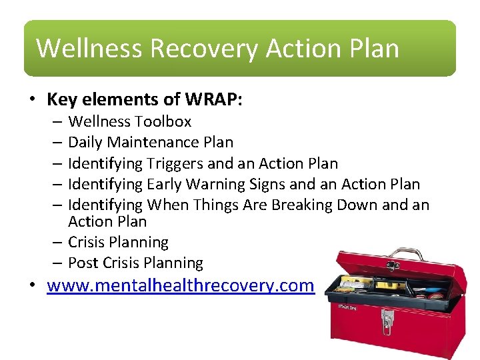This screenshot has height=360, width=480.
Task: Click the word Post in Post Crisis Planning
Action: (83, 263)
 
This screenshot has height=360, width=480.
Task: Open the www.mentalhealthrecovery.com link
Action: (180, 285)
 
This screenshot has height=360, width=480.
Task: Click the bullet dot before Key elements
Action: (31, 100)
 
